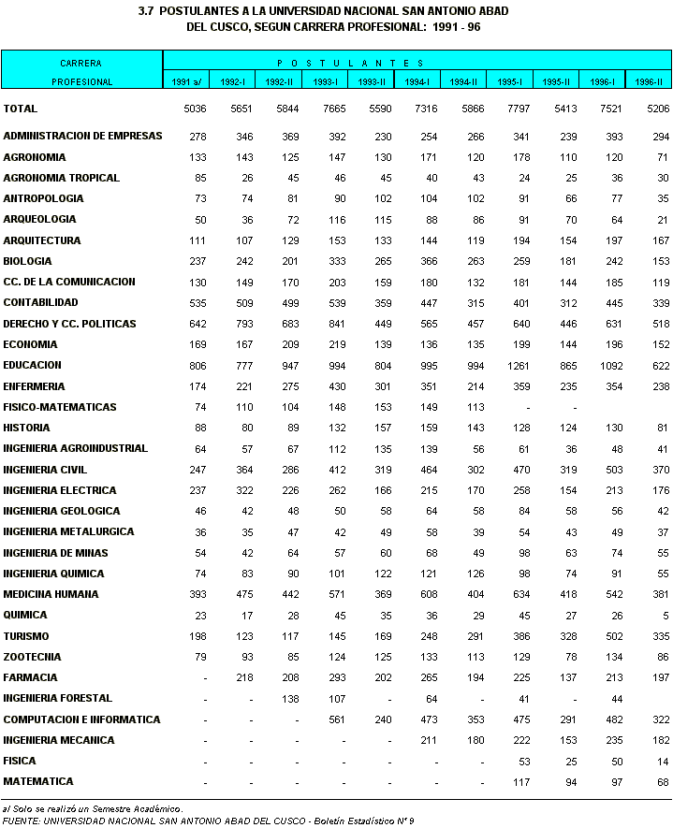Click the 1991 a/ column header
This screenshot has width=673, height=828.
click(185, 82)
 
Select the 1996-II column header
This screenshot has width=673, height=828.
click(649, 82)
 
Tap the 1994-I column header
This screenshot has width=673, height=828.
click(417, 82)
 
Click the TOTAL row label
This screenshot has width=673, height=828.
click(21, 109)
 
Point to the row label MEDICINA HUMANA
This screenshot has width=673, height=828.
click(51, 594)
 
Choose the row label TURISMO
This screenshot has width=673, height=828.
click(26, 636)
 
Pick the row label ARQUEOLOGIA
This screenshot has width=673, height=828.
click(39, 219)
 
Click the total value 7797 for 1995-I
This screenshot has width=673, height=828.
click(518, 109)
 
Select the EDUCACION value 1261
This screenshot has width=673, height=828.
click(518, 366)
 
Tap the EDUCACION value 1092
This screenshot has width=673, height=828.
click(609, 366)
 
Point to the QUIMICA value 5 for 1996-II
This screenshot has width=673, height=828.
click(664, 616)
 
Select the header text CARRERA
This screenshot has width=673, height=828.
click(80, 64)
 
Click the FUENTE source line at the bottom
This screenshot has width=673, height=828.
click(205, 821)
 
